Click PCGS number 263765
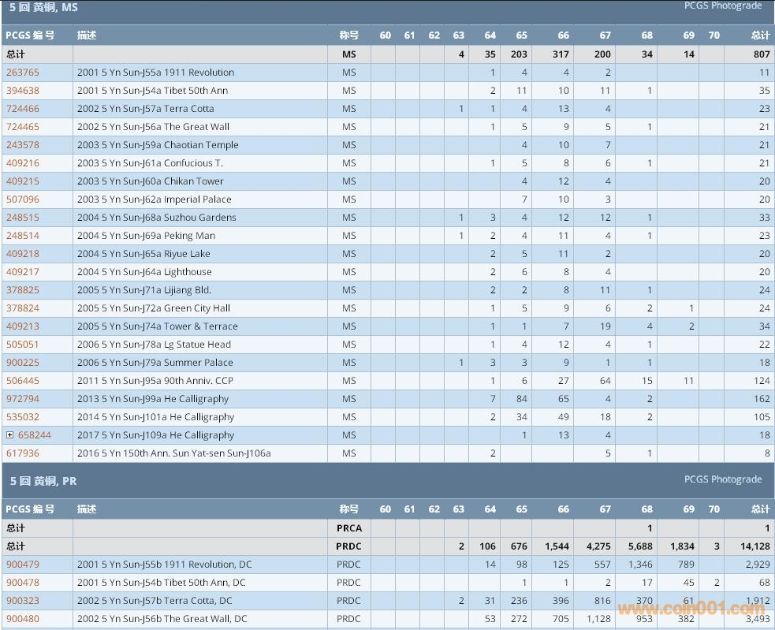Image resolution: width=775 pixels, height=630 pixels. (x=22, y=73)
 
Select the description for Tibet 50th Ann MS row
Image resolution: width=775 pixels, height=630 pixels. (x=152, y=91)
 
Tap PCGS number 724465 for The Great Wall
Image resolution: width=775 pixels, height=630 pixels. (x=22, y=127)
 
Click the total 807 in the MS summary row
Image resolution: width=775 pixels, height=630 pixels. (x=760, y=54)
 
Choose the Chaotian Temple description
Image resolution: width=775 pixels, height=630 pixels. (x=158, y=145)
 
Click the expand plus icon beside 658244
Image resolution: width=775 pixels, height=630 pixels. (x=9, y=435)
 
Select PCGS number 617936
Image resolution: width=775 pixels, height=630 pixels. (x=22, y=453)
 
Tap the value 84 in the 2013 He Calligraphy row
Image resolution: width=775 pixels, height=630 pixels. (x=521, y=399)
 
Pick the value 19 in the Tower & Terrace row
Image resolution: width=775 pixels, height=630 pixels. (x=605, y=326)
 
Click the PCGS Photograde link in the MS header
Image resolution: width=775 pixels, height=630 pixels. (x=722, y=6)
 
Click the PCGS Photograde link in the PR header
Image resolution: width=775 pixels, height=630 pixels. (x=722, y=479)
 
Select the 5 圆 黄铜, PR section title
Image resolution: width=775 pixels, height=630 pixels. (x=43, y=481)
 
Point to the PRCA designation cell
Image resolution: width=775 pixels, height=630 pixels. (x=348, y=528)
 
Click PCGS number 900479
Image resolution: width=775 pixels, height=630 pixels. (x=22, y=565)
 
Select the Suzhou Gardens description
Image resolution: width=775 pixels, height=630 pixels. (x=156, y=218)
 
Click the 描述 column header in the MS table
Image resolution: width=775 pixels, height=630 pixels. (x=87, y=35)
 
